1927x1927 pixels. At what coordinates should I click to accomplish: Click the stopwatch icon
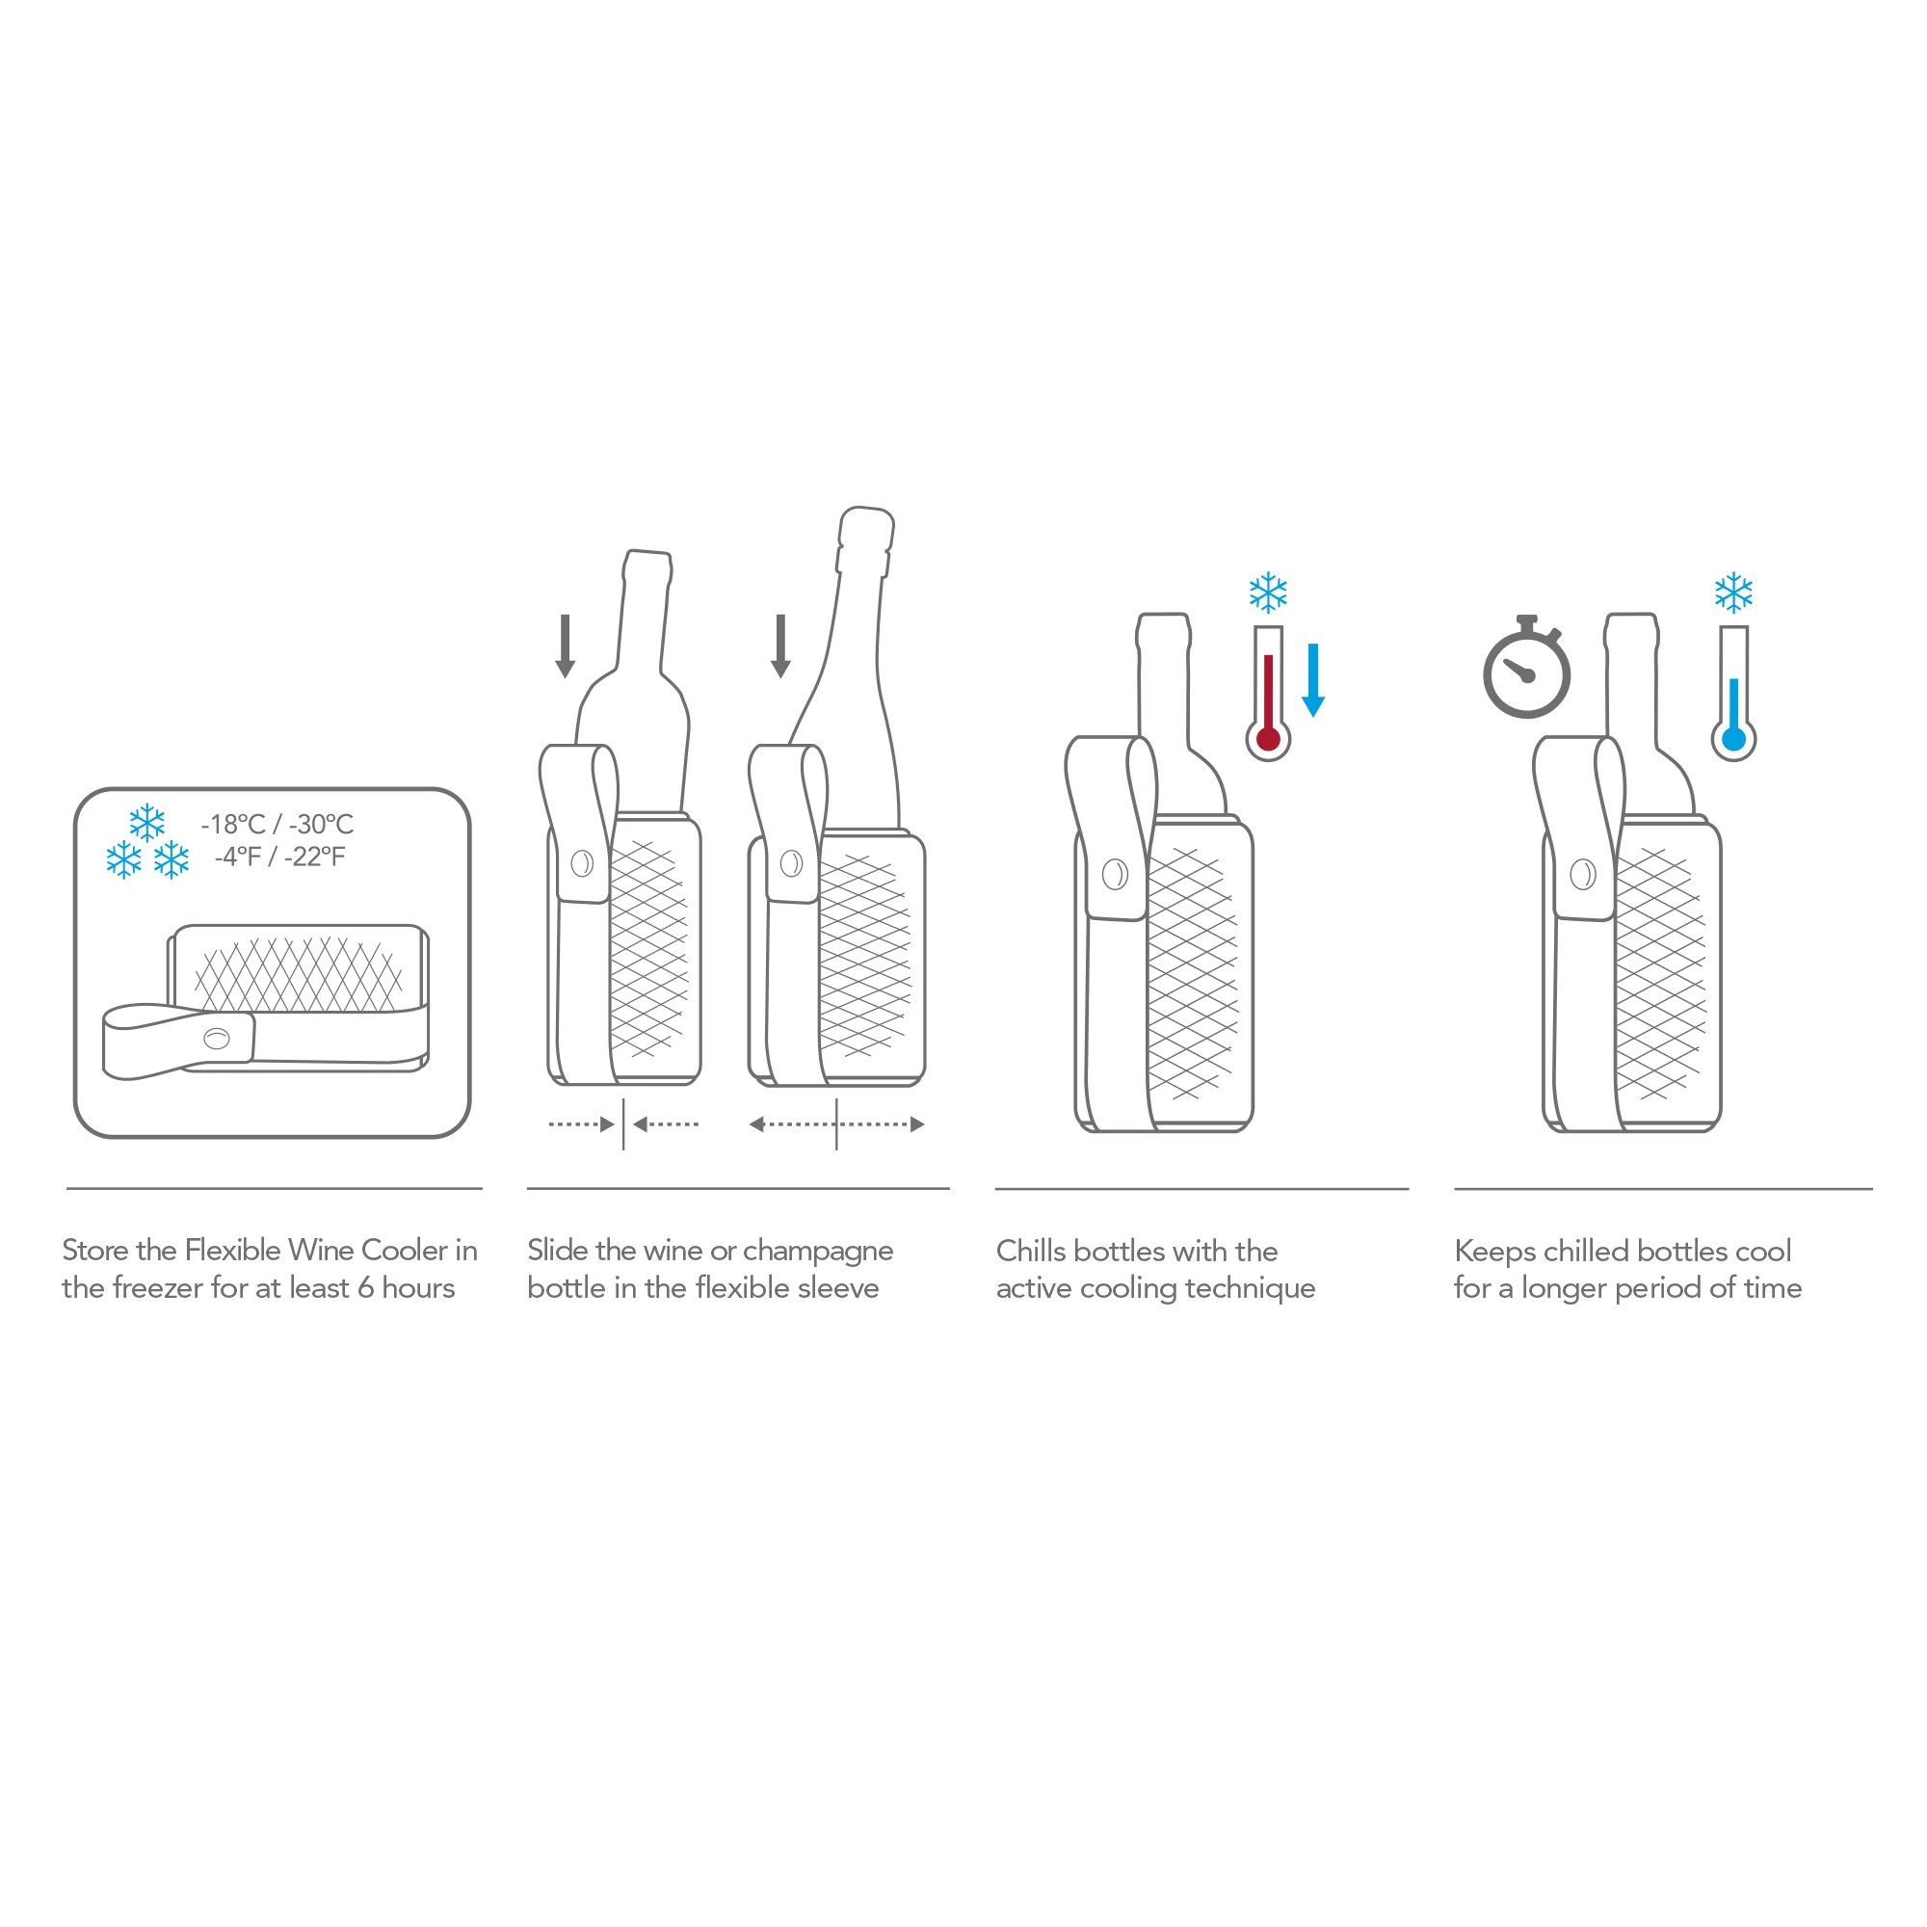1526,667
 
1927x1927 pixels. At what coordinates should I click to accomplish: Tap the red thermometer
1268,693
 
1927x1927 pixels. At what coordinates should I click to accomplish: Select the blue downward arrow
1312,679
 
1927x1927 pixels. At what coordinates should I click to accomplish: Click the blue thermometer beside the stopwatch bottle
1733,693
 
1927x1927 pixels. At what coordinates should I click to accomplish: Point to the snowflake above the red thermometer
1268,593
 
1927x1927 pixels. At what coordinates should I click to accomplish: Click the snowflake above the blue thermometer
1733,593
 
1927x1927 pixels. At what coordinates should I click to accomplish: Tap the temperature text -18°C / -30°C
277,824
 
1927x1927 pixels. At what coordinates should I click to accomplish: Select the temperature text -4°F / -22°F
279,857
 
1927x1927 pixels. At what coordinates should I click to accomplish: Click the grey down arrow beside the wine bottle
566,647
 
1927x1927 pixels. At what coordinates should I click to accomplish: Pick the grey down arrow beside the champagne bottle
781,647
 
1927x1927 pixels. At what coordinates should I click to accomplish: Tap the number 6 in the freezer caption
365,1288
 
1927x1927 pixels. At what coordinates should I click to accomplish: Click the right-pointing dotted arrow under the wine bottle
582,1125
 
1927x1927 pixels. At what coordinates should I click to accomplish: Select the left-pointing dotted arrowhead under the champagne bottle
756,1125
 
